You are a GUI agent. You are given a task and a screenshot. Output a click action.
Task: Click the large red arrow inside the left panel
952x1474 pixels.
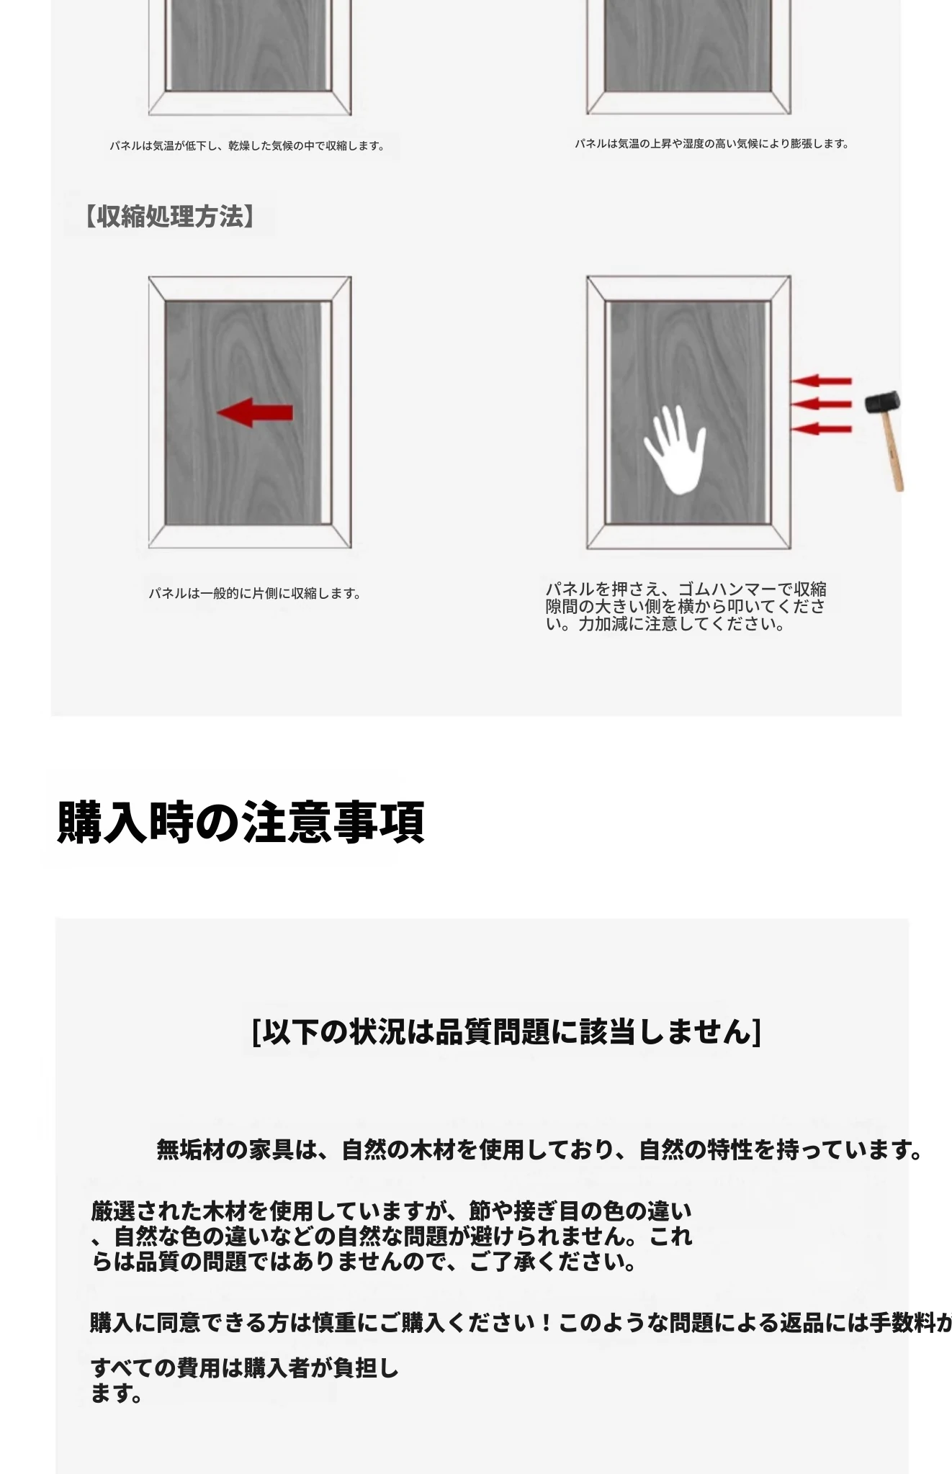(x=255, y=412)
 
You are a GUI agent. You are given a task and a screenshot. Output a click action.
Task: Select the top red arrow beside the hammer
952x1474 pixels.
(x=821, y=381)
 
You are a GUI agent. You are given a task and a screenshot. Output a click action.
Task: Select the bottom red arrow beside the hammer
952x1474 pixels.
(x=821, y=430)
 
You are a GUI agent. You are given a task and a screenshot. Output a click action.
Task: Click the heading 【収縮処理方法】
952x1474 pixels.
(x=169, y=216)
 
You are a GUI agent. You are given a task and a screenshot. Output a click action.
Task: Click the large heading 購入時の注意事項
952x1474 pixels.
(x=241, y=821)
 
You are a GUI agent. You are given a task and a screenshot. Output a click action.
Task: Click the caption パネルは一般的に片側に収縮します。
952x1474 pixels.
(x=255, y=594)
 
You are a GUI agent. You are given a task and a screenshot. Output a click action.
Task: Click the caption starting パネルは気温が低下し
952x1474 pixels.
(x=247, y=146)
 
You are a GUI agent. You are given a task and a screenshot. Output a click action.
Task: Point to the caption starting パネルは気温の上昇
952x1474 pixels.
(x=711, y=144)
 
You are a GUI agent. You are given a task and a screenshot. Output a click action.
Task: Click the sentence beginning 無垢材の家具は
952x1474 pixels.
(x=539, y=1149)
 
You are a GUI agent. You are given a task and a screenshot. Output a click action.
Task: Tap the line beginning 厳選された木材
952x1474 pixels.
(x=391, y=1211)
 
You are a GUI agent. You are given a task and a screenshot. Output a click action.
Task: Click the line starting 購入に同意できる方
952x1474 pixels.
(x=521, y=1322)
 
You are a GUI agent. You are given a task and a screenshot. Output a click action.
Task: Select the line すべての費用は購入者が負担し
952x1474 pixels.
(x=245, y=1368)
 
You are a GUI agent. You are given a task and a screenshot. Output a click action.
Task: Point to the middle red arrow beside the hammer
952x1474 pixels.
(x=821, y=404)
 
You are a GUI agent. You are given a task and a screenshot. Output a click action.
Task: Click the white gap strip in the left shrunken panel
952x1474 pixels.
(x=326, y=412)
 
